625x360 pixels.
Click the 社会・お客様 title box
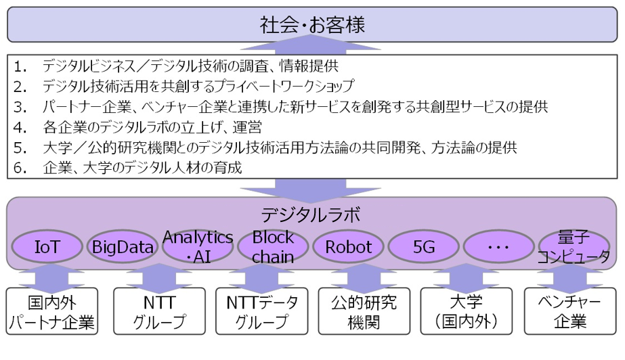(312, 26)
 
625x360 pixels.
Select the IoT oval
(47, 247)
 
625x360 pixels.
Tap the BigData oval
(123, 247)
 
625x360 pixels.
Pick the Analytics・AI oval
(198, 247)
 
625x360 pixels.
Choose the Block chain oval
(273, 247)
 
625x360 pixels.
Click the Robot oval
(349, 247)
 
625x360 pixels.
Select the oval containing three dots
(499, 247)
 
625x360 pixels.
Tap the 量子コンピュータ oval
(575, 247)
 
